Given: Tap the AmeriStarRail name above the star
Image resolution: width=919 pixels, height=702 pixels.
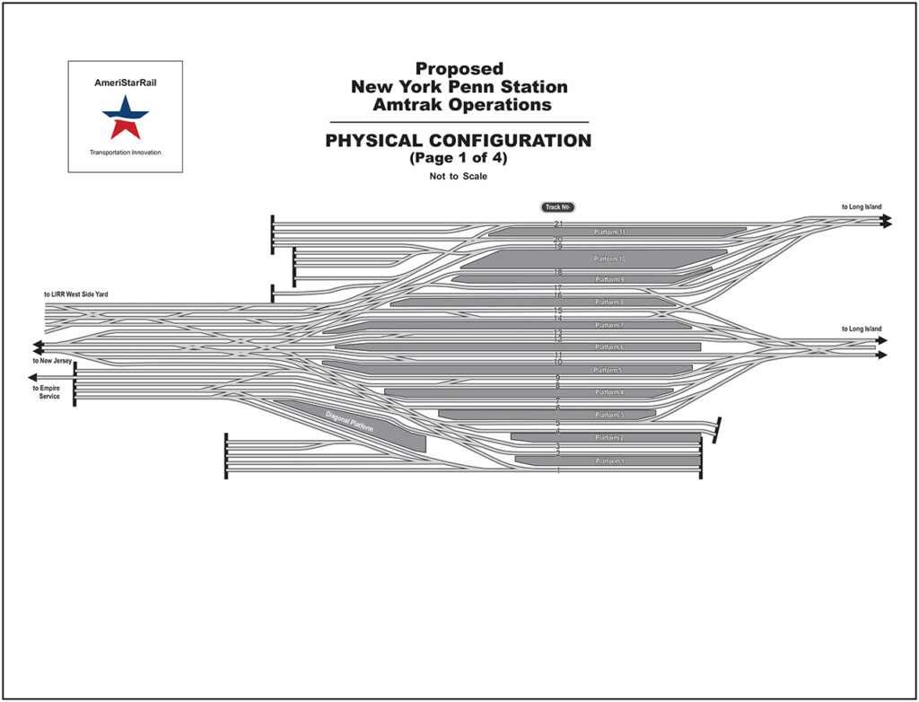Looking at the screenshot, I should (126, 82).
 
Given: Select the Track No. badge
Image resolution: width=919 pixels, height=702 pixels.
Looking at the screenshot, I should (557, 207).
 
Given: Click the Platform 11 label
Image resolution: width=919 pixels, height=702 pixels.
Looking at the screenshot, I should (609, 233).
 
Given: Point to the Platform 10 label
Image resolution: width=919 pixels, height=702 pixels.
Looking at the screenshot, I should (609, 259).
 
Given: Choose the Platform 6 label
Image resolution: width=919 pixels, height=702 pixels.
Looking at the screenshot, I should (609, 347).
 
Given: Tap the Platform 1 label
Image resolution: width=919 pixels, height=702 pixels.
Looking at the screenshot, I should (609, 461).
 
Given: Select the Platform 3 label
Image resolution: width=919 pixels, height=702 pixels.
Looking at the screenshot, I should (609, 415).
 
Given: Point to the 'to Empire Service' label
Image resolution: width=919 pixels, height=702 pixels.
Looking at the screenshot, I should (48, 392).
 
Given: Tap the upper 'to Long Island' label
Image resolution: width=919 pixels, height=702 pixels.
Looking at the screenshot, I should (862, 207).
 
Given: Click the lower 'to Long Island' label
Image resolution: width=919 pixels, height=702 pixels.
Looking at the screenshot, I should (862, 329).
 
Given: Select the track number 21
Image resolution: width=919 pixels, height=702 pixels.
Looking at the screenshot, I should (558, 224).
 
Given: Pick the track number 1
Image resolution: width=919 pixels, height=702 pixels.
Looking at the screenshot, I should (558, 470).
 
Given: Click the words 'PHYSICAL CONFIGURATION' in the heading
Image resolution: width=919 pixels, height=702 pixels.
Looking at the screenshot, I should (458, 141).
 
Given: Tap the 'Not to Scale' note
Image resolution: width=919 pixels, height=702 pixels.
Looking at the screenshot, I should (458, 177).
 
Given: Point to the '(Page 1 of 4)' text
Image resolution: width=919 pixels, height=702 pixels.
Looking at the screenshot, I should (458, 157).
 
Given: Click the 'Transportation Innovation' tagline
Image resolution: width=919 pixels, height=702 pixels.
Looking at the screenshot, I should (126, 153).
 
